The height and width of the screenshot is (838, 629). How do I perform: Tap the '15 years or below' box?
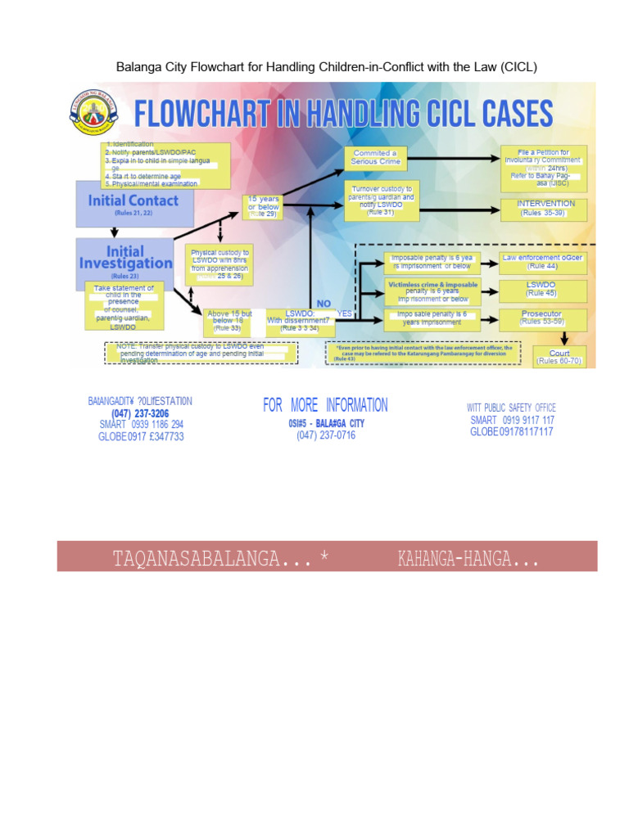pyautogui.click(x=263, y=205)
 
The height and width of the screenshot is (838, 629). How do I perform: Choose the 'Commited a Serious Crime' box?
pyautogui.click(x=374, y=157)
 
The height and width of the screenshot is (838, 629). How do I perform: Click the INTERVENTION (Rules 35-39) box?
pyautogui.click(x=545, y=208)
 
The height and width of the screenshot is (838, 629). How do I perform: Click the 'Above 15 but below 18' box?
pyautogui.click(x=230, y=321)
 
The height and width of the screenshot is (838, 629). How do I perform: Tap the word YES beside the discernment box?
pyautogui.click(x=343, y=313)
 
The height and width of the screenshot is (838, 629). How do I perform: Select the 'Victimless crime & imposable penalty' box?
pyautogui.click(x=432, y=290)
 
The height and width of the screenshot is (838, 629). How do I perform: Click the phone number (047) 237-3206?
pyautogui.click(x=140, y=414)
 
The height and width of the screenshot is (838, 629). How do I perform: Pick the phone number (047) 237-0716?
pyautogui.click(x=326, y=435)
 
